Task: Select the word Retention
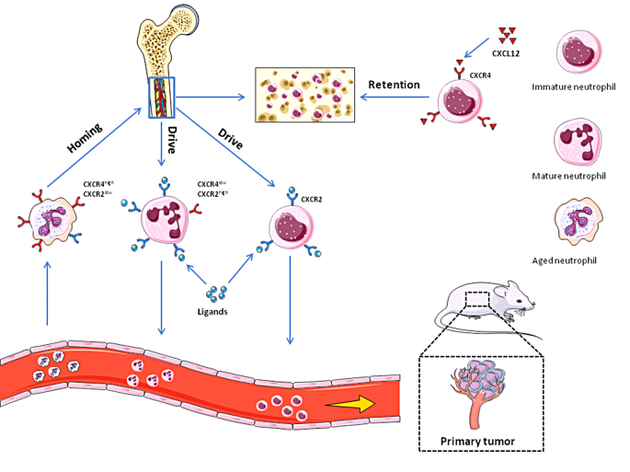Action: point(394,86)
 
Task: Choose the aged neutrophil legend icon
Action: point(580,224)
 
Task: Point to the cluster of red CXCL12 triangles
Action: point(504,35)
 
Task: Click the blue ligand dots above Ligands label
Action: point(216,294)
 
